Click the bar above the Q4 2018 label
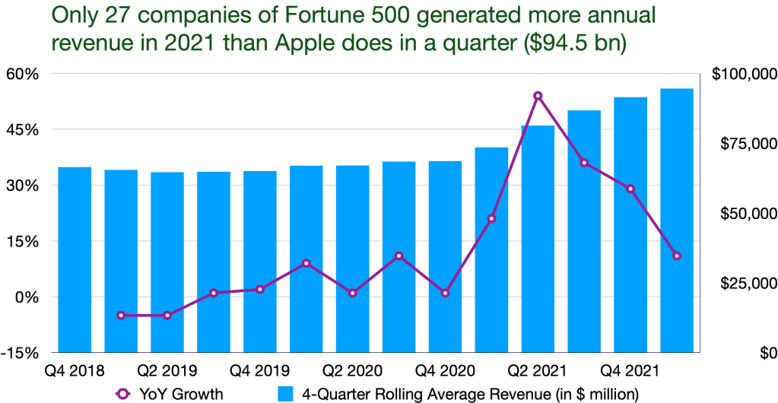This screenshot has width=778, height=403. click(75, 259)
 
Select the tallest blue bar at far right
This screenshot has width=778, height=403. click(676, 221)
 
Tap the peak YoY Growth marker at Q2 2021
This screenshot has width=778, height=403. click(538, 96)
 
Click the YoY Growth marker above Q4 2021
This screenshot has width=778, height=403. click(630, 189)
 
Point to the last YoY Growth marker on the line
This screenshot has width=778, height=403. click(676, 255)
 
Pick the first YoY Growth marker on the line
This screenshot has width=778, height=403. click(121, 315)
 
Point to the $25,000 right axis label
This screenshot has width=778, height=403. click(747, 284)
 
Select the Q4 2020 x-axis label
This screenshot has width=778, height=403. click(446, 371)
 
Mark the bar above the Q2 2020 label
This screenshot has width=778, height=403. click(352, 259)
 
